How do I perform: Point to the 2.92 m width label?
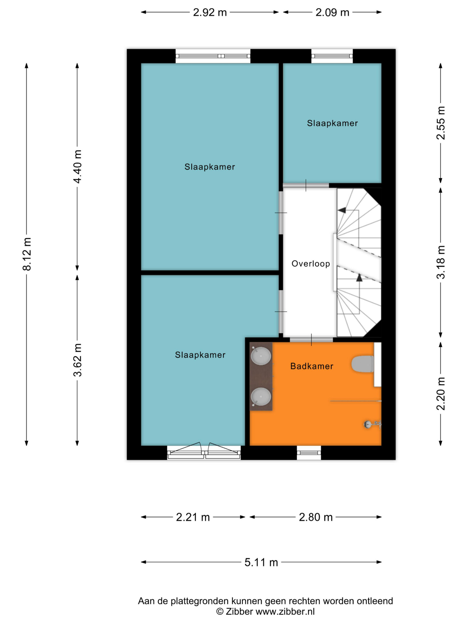210,12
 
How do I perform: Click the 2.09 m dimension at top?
332,12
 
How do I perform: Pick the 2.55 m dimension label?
441,123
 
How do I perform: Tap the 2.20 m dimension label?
441,393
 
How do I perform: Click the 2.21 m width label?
193,517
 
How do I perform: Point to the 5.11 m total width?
261,562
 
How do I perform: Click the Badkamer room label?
312,366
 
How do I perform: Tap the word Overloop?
311,264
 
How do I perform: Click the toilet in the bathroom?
363,364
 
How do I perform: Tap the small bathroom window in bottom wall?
309,453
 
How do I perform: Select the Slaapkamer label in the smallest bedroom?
332,123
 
